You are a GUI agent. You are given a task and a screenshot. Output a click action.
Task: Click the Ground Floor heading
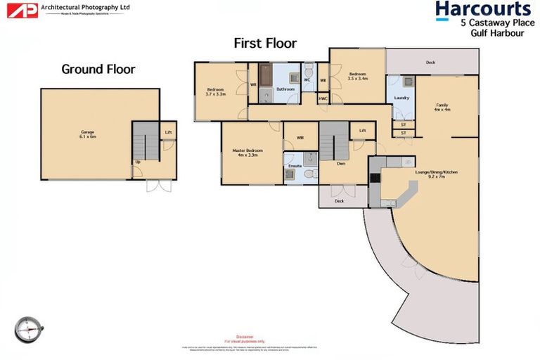(x=98, y=69)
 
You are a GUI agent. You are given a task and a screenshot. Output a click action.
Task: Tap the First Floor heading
(x=265, y=44)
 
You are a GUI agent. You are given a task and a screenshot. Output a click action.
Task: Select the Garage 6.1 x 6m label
(x=87, y=134)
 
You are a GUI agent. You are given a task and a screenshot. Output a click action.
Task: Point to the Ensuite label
(x=295, y=165)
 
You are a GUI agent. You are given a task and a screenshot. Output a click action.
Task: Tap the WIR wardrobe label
(x=300, y=138)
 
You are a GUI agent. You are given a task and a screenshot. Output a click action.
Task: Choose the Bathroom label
(x=285, y=89)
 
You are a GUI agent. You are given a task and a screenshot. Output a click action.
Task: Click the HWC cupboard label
(x=323, y=98)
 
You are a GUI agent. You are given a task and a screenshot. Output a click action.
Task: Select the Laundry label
(x=401, y=98)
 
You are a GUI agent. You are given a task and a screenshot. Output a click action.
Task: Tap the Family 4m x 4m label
(x=442, y=107)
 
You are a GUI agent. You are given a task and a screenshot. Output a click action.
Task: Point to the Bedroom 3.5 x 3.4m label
(x=358, y=76)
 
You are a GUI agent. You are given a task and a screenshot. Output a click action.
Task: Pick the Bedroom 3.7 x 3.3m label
(x=215, y=91)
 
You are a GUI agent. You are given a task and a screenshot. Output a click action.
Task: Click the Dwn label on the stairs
(x=340, y=163)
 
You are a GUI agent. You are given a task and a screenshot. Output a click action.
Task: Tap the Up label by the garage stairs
(x=137, y=162)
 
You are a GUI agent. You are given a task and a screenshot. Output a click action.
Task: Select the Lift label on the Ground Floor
(x=168, y=131)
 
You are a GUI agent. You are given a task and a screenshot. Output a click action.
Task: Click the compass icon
(x=28, y=328)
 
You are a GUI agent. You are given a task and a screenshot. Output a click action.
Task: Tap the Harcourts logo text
(x=482, y=9)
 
